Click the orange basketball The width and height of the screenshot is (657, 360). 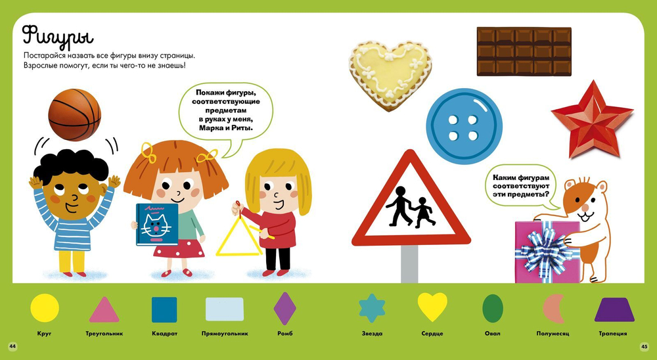(75, 114)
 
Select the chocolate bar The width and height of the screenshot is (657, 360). (524, 51)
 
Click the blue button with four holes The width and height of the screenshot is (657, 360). (464, 126)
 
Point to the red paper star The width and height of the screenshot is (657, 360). (592, 119)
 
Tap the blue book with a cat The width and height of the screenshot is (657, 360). (157, 224)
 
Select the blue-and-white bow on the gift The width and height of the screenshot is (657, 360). (546, 250)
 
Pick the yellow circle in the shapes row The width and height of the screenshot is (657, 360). (45, 308)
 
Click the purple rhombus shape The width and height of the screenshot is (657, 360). (285, 309)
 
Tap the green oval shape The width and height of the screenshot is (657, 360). (493, 309)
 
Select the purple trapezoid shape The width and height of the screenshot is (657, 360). (614, 309)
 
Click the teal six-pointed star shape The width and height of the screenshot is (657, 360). (372, 308)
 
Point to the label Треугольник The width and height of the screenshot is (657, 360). (104, 334)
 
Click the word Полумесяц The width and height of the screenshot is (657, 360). (553, 334)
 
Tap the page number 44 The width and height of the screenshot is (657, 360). (12, 346)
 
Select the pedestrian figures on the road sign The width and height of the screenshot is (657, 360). (411, 207)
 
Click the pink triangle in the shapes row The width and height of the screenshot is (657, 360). (104, 309)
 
